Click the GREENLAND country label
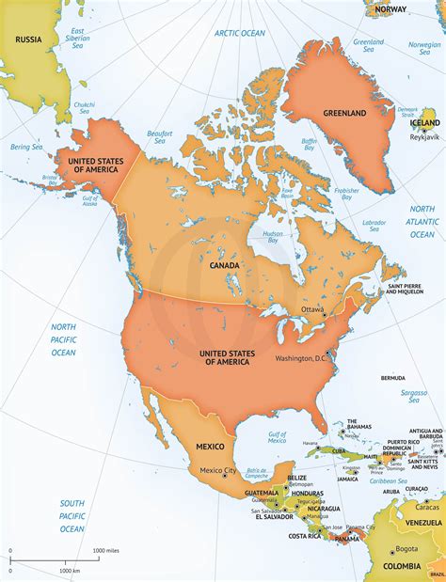[x=344, y=113]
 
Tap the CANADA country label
[x=225, y=266]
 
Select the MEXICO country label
[x=210, y=446]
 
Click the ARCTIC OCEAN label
[x=240, y=32]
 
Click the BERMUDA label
[x=392, y=378]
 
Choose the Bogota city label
[x=406, y=549]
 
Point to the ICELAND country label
[x=424, y=122]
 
